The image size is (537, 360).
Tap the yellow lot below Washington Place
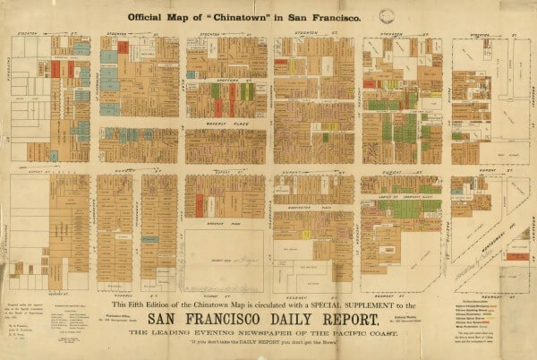(x=307, y=234)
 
